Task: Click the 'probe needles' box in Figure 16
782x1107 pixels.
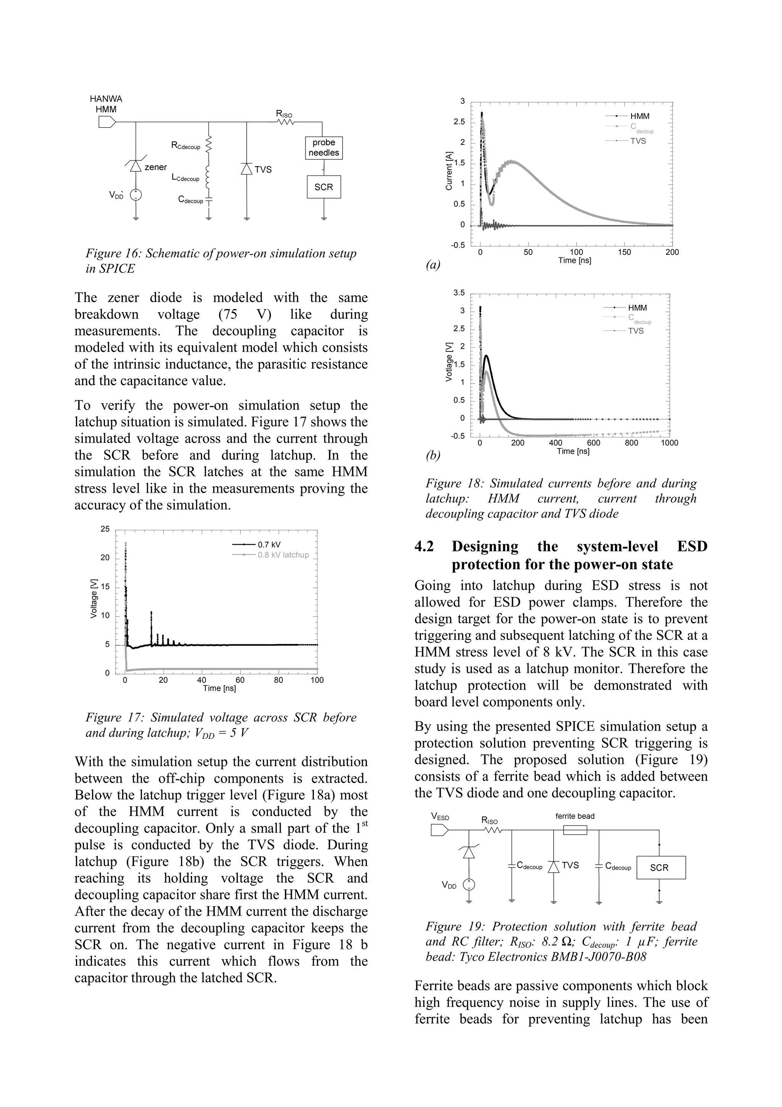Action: (x=324, y=147)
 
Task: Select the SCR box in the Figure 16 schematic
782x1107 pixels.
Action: (x=324, y=187)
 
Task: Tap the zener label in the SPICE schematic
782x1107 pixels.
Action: (x=156, y=167)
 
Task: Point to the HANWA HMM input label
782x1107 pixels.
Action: (x=106, y=104)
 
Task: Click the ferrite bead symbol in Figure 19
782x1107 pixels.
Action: (x=575, y=830)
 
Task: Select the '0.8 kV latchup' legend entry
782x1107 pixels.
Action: (x=283, y=555)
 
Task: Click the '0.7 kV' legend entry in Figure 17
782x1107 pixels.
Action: (x=269, y=545)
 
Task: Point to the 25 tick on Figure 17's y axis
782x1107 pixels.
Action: (x=105, y=529)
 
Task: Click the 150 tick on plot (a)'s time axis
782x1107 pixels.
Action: (x=624, y=252)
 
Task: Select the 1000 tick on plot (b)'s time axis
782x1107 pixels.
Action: (x=669, y=443)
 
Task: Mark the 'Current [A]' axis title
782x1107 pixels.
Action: (x=449, y=170)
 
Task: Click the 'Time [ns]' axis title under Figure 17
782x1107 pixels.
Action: (x=219, y=688)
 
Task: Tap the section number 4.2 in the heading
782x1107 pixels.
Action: (x=424, y=546)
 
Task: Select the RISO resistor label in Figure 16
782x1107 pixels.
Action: (x=284, y=114)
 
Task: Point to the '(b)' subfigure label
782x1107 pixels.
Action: (x=433, y=455)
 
